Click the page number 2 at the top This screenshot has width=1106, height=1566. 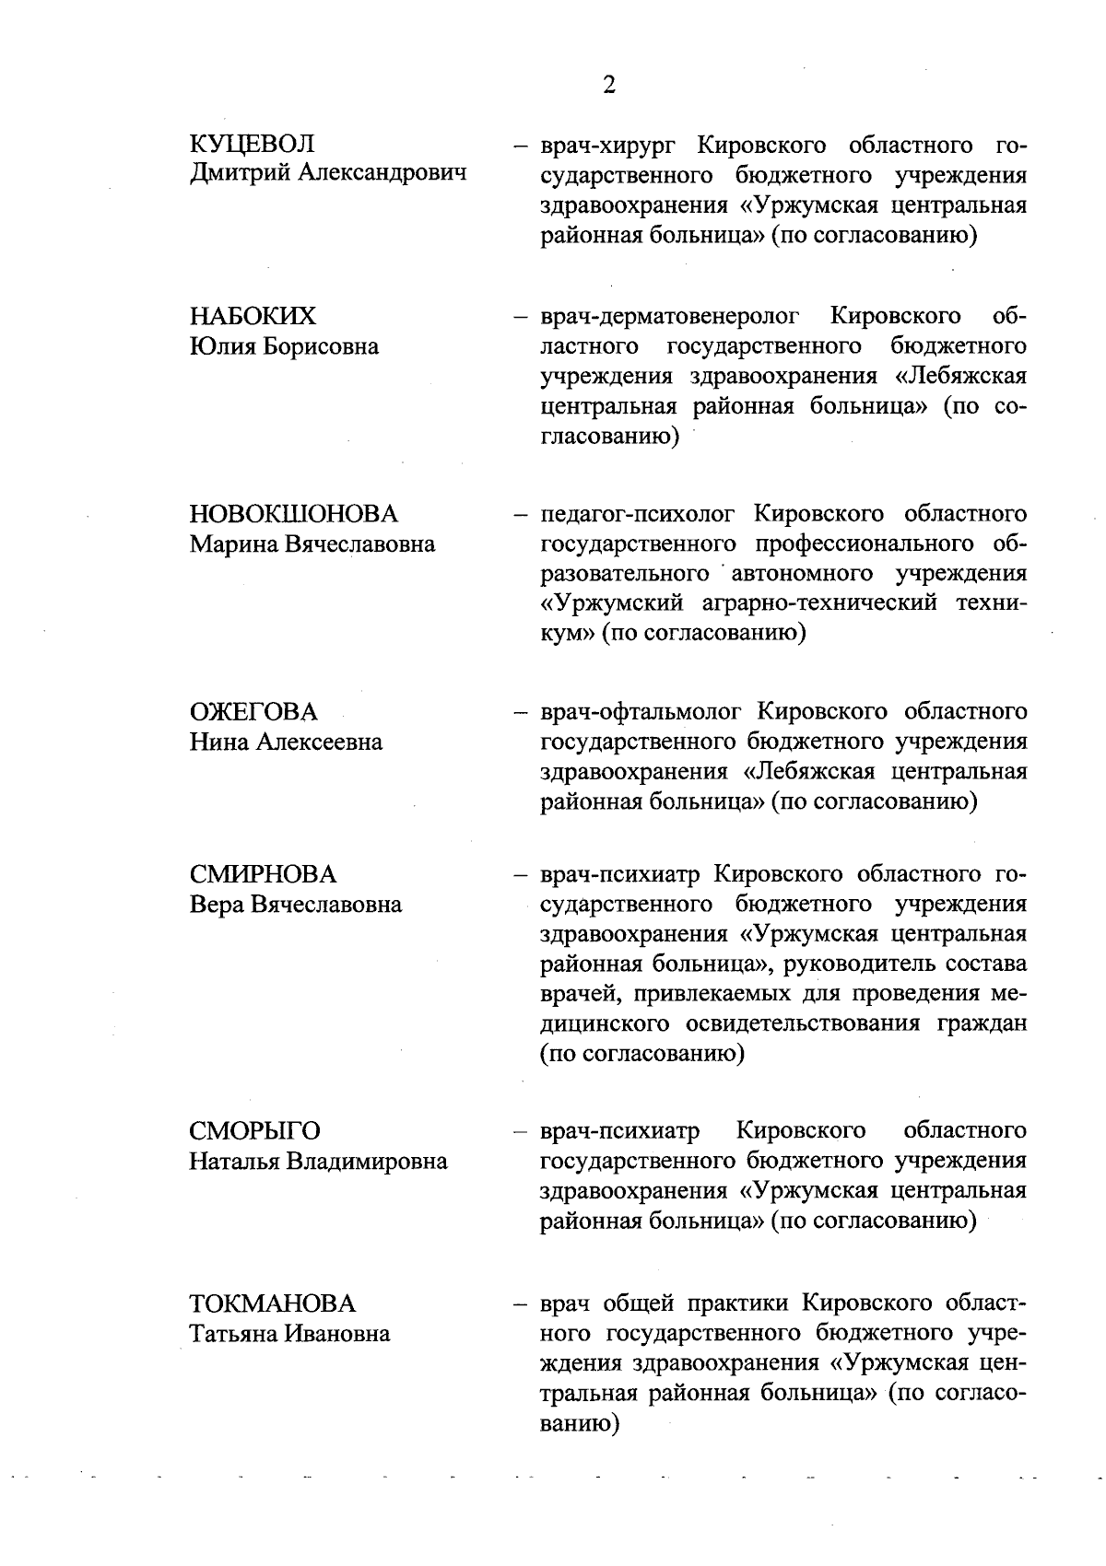[x=608, y=86]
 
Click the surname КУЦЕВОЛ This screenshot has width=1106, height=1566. [x=252, y=144]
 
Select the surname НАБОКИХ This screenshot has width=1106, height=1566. [x=253, y=317]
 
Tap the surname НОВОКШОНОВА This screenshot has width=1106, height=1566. [x=294, y=514]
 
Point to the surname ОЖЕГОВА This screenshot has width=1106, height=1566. [x=253, y=712]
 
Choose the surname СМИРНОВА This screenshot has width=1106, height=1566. [x=263, y=874]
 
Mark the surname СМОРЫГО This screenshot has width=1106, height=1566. [x=255, y=1131]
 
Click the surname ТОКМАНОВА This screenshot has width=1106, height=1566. [x=272, y=1303]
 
